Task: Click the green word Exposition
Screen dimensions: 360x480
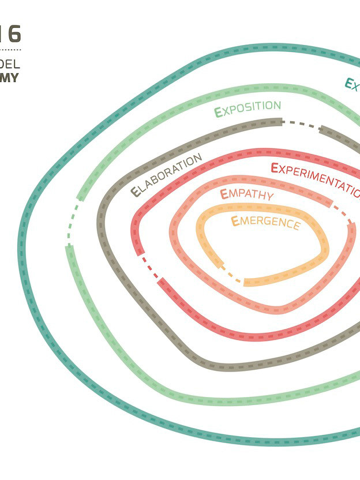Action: pyautogui.click(x=248, y=108)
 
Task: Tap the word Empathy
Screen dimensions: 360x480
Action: pyautogui.click(x=246, y=194)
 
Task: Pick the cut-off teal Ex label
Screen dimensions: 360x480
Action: pyautogui.click(x=352, y=85)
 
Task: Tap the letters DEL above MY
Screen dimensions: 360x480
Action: pyautogui.click(x=10, y=63)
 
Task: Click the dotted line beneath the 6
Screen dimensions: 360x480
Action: pyautogui.click(x=10, y=51)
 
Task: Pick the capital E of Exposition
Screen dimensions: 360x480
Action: pyautogui.click(x=218, y=112)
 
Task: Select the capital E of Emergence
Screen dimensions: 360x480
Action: pyautogui.click(x=235, y=220)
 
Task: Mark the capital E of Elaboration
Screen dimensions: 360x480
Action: pyautogui.click(x=136, y=192)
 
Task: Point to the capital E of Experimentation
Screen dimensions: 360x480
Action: pyautogui.click(x=275, y=168)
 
